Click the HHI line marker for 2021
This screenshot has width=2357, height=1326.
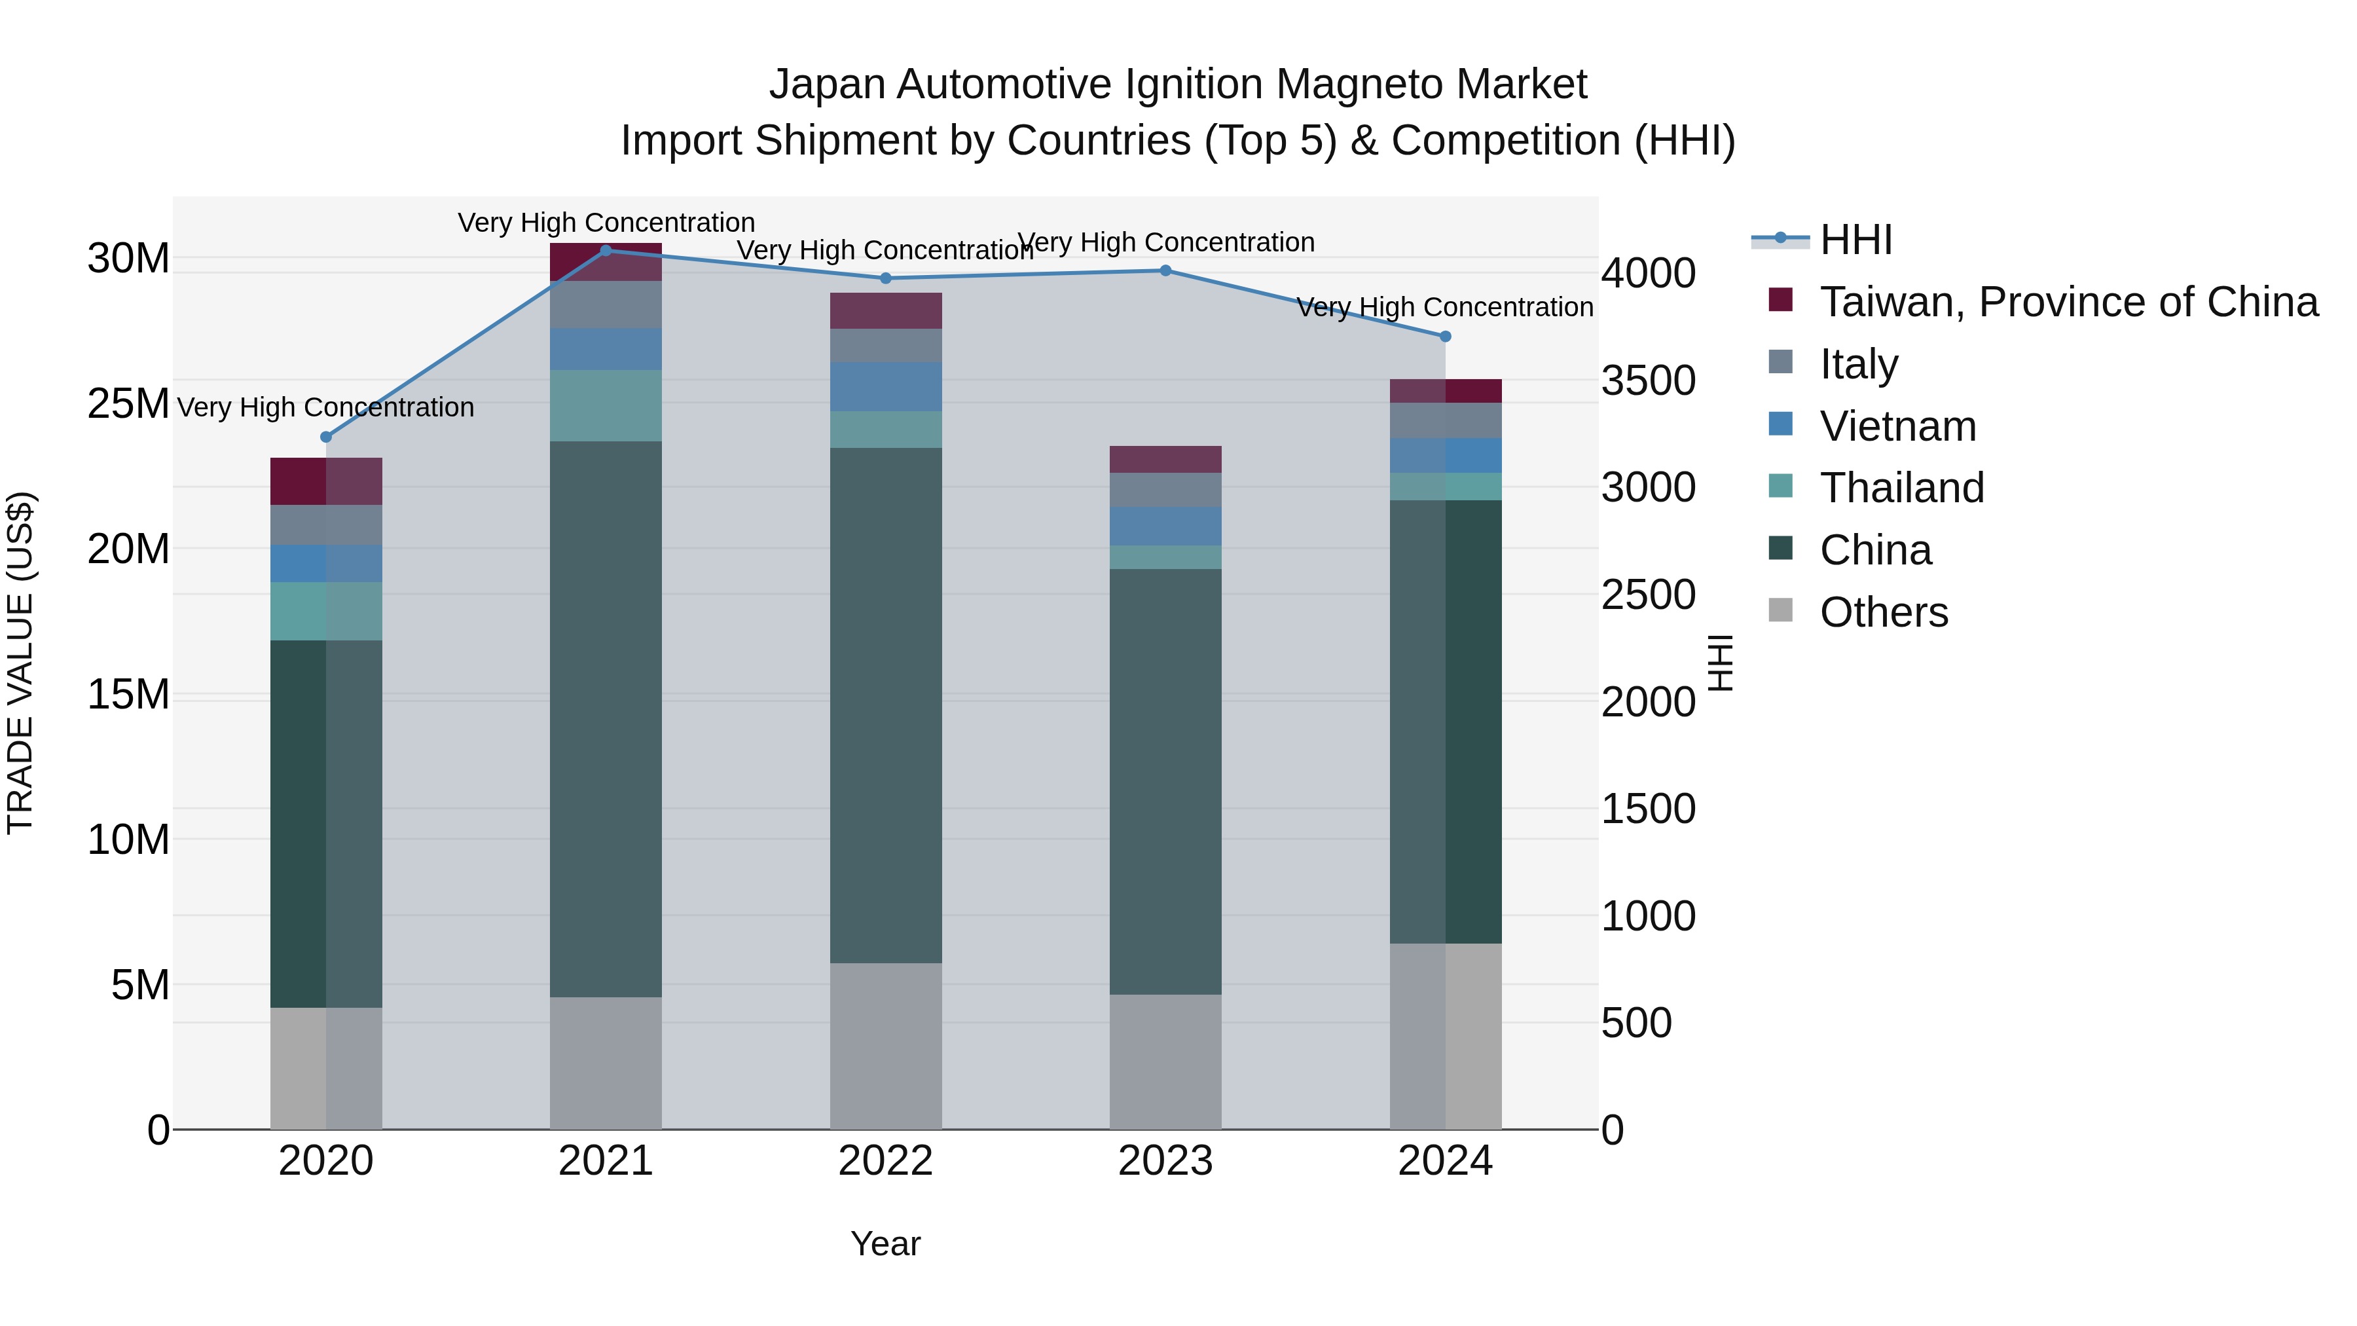pyautogui.click(x=605, y=251)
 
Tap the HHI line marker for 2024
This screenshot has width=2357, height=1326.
pyautogui.click(x=1445, y=337)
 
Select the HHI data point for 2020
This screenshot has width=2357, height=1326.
pyautogui.click(x=326, y=437)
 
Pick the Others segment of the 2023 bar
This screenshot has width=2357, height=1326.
pyautogui.click(x=1165, y=1061)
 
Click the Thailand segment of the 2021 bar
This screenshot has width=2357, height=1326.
pyautogui.click(x=605, y=405)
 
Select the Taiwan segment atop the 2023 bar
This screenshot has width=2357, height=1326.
pyautogui.click(x=1165, y=460)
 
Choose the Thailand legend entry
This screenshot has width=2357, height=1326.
pyautogui.click(x=1901, y=488)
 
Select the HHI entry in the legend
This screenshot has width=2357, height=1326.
pyautogui.click(x=1855, y=240)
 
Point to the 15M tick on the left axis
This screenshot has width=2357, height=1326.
pyautogui.click(x=128, y=695)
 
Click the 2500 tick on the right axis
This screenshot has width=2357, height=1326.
pyautogui.click(x=1647, y=595)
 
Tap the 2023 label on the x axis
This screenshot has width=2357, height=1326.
pyautogui.click(x=1165, y=1161)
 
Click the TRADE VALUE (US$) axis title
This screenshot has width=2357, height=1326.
pyautogui.click(x=20, y=663)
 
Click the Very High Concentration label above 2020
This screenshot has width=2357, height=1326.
pyautogui.click(x=326, y=407)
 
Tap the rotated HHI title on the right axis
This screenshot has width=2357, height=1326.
pyautogui.click(x=1720, y=663)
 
